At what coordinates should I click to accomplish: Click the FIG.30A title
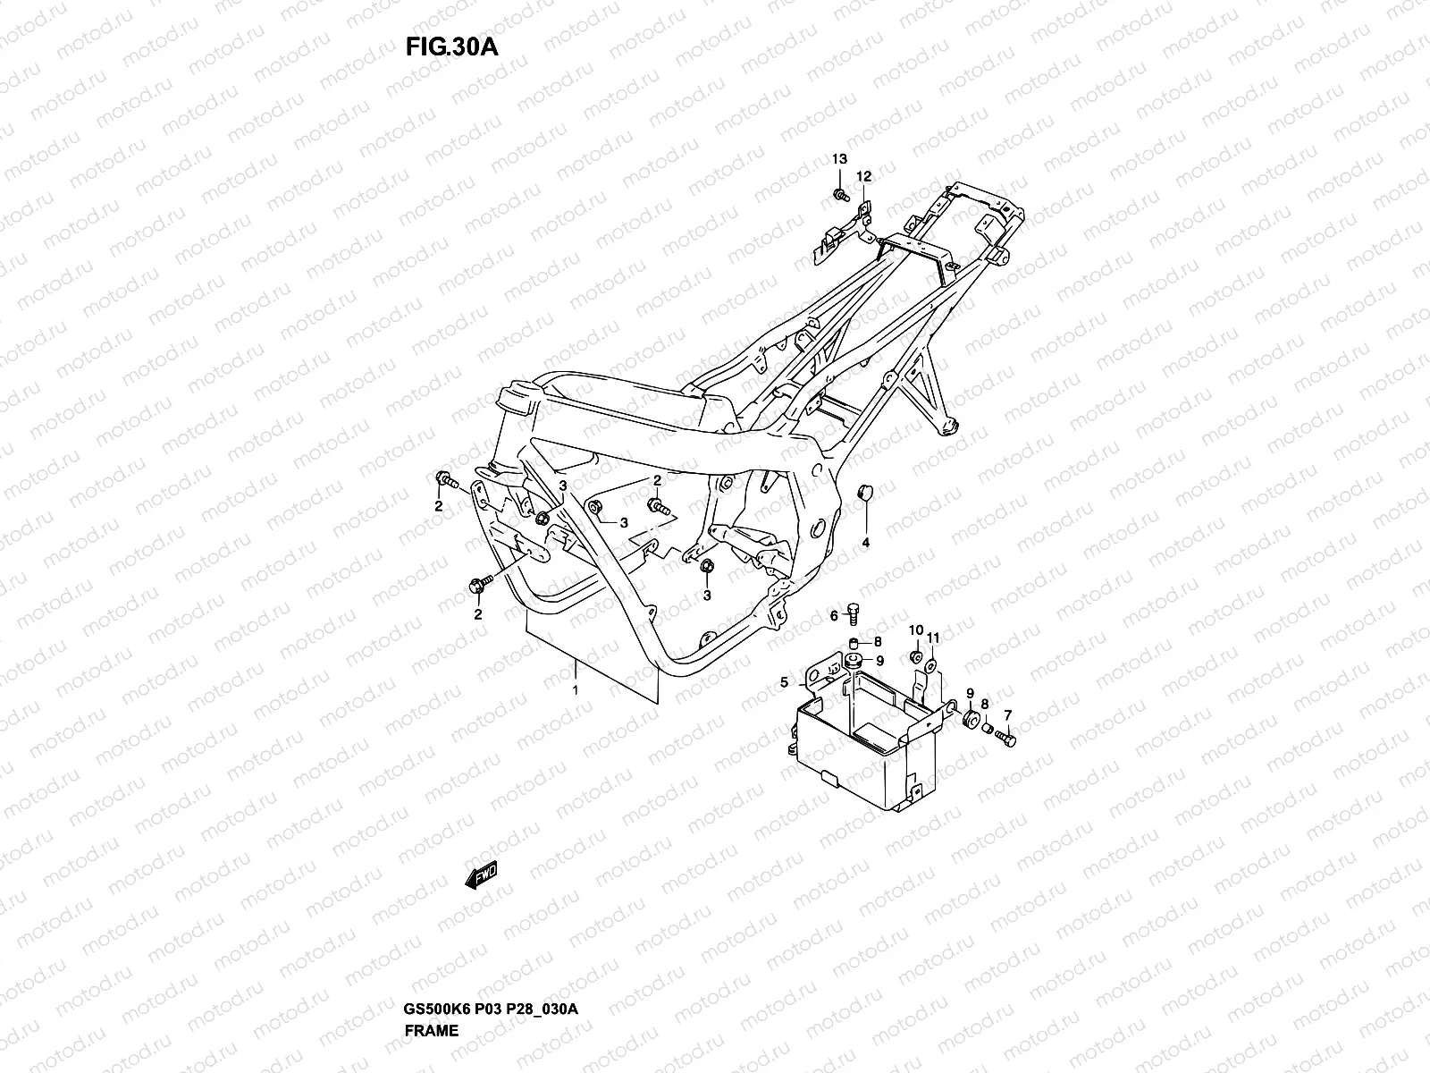tap(450, 46)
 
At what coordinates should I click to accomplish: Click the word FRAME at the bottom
tap(432, 955)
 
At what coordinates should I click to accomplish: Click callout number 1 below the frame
tap(576, 690)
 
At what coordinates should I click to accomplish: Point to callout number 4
tap(865, 543)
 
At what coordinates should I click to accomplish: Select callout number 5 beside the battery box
tap(785, 682)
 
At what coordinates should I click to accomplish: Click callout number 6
tap(834, 615)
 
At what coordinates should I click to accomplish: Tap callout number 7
tap(1008, 714)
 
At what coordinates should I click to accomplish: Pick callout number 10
tap(915, 630)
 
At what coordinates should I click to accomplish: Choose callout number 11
tap(933, 637)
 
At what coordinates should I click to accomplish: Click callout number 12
tap(863, 176)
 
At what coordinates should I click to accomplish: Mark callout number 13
tap(840, 159)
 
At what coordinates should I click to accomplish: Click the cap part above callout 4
tap(865, 493)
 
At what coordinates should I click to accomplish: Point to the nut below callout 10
tap(914, 658)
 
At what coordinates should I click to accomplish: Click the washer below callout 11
tap(930, 665)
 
